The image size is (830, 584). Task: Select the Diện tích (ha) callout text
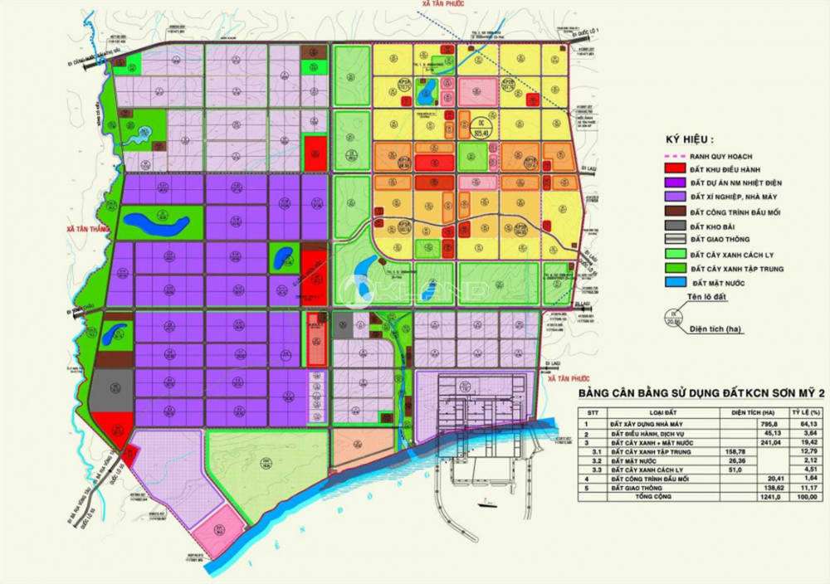tap(716, 329)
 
